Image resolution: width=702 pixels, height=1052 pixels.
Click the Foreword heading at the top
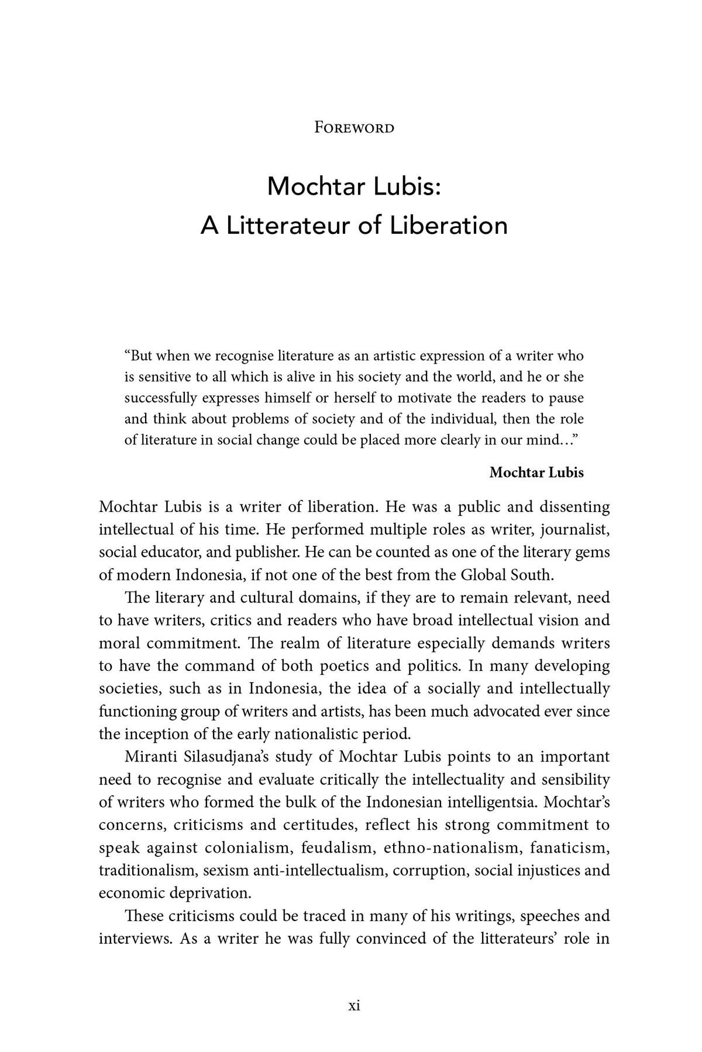click(354, 127)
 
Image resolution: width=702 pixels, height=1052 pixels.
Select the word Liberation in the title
click(449, 226)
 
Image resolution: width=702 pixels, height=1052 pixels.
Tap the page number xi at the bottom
click(354, 1005)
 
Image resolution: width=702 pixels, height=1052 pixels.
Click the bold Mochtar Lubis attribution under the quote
click(536, 472)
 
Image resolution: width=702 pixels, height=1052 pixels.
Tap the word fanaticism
click(573, 848)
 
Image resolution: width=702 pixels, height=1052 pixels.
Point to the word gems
click(592, 552)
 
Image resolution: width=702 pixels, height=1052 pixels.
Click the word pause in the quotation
click(567, 398)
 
